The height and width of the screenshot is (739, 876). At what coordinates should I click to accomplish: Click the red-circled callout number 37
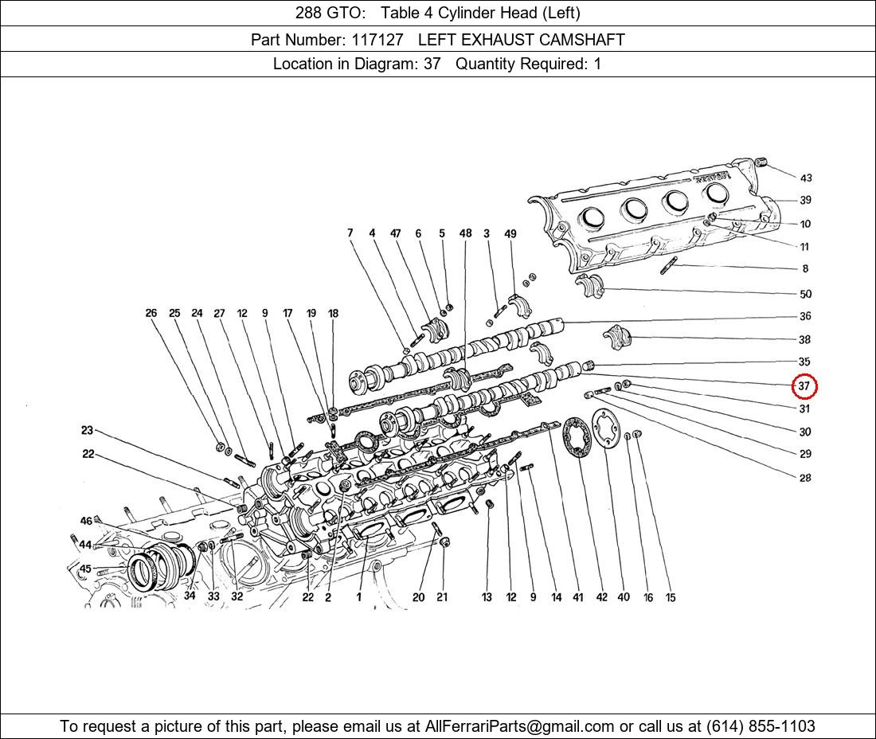[804, 386]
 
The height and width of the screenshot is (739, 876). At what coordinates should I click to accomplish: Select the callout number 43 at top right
[806, 178]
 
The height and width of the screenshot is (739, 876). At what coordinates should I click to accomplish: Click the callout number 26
[151, 313]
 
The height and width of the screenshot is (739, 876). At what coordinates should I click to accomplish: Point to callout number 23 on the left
[87, 430]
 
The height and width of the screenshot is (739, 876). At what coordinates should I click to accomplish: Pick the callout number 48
[465, 233]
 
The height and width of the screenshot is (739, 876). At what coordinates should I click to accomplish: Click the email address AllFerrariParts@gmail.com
[519, 726]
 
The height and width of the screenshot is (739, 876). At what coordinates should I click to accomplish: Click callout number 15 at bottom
[671, 597]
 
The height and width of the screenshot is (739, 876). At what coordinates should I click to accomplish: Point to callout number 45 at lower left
[85, 569]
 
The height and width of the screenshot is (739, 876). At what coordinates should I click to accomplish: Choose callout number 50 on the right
[805, 294]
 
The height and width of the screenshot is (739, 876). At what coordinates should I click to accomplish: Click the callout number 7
[350, 233]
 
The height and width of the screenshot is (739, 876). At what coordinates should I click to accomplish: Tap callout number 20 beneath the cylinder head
[418, 597]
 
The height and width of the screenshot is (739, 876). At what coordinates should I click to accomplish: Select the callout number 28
[805, 478]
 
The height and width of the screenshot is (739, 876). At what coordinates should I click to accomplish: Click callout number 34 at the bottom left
[190, 596]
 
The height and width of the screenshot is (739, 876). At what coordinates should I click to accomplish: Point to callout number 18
[333, 313]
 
